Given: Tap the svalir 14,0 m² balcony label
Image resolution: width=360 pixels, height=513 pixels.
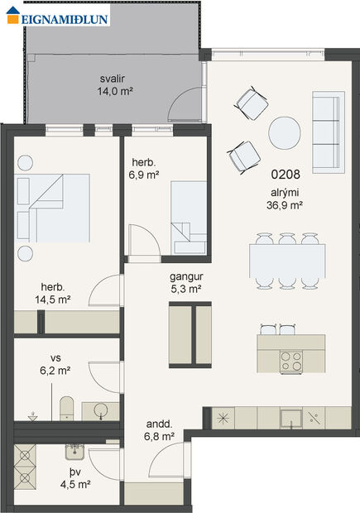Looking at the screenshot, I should click(115, 85).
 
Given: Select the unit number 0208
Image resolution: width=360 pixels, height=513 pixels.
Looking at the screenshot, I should click(285, 175).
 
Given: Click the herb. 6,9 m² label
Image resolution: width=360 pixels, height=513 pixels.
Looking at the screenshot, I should click(144, 170).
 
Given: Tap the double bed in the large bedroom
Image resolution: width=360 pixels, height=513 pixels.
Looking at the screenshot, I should click(54, 207).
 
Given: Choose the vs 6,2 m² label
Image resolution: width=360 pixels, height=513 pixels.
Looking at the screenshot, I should click(55, 366).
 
